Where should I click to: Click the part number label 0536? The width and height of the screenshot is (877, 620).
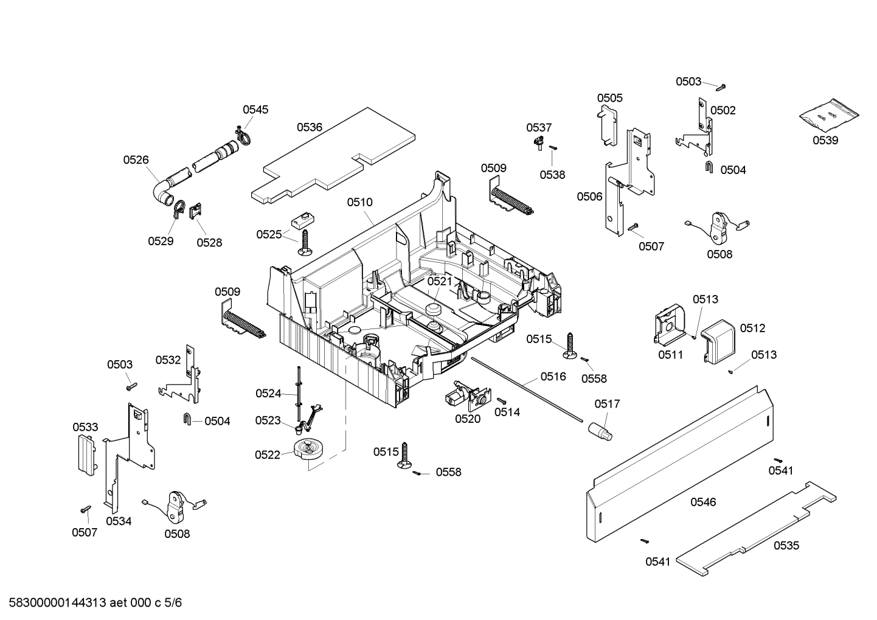[310, 127]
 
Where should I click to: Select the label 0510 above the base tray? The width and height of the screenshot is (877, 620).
[360, 202]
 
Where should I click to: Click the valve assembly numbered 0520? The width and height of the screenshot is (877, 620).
[462, 395]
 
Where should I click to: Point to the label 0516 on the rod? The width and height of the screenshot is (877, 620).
[553, 377]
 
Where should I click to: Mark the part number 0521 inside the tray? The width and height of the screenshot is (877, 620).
[439, 281]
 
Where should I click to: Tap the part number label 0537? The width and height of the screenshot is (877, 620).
[539, 127]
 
